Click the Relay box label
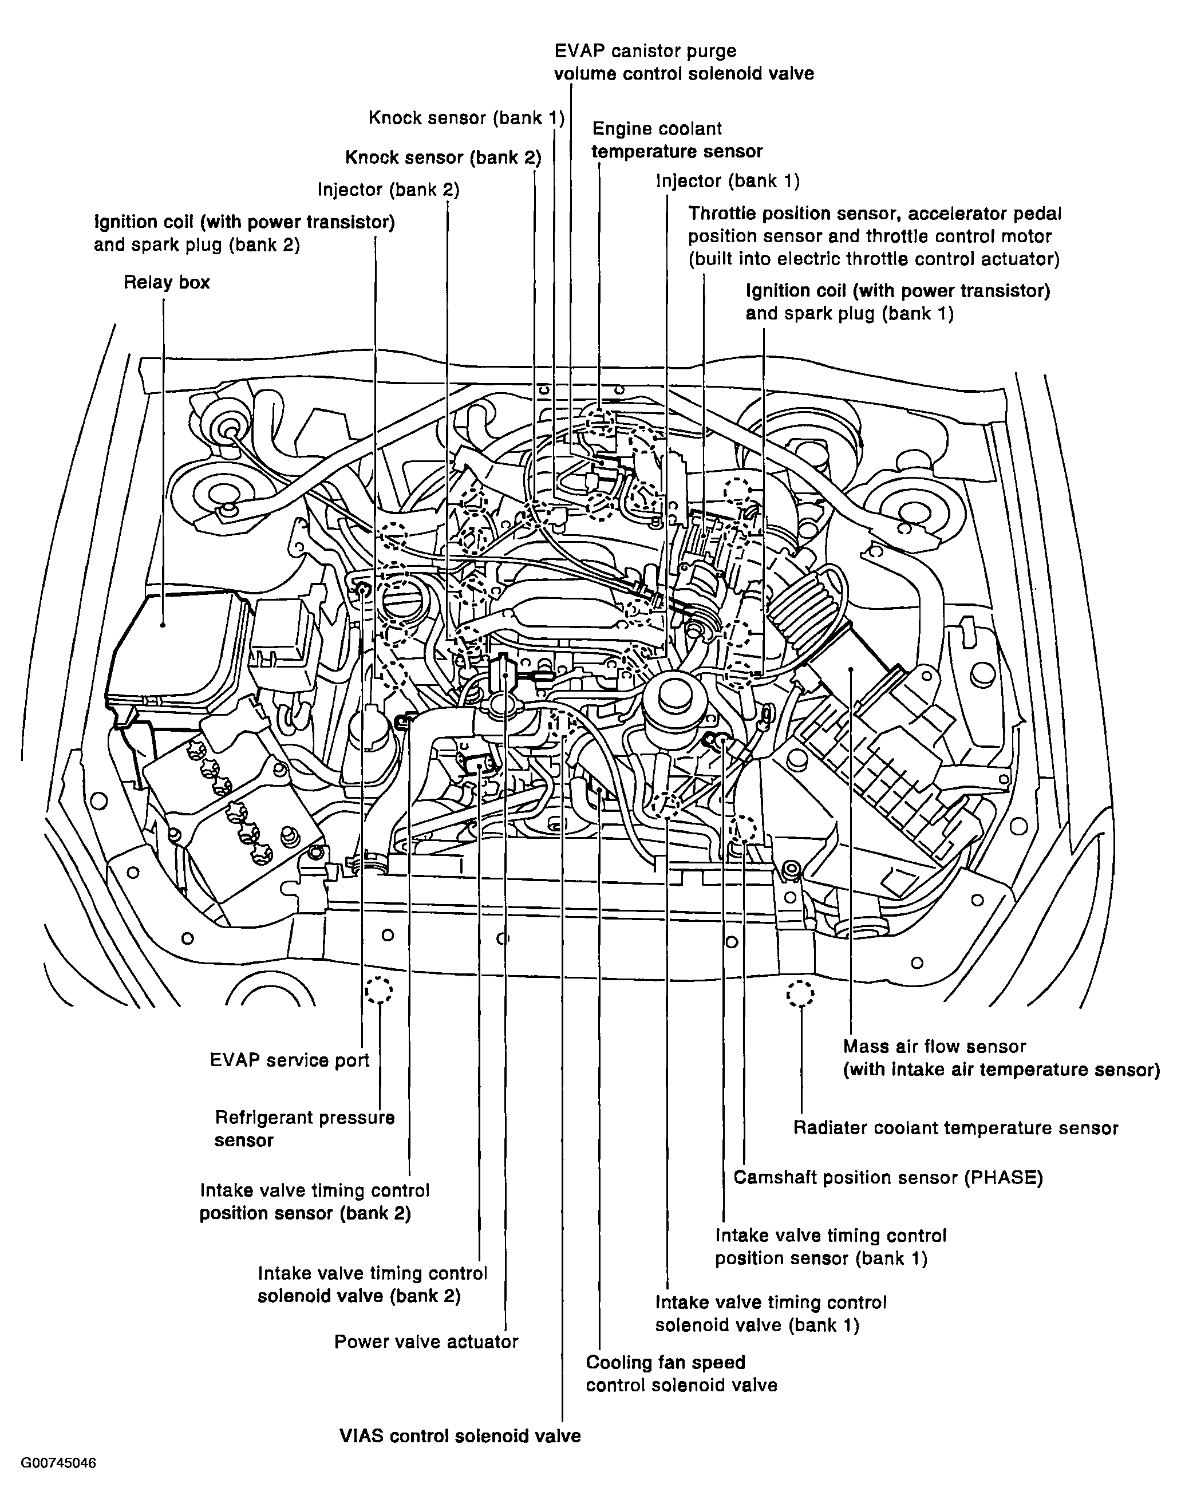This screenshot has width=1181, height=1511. (166, 282)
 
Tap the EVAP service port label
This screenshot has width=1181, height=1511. (289, 1060)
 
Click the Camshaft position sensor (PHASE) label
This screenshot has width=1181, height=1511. (888, 1178)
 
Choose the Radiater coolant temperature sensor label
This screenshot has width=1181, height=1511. (955, 1129)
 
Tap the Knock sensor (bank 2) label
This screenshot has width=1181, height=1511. (443, 158)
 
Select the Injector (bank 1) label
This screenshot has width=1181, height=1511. (727, 182)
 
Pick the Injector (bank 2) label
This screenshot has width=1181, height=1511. (388, 190)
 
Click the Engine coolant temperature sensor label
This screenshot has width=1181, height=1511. (677, 140)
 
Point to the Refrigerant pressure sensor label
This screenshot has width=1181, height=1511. (305, 1129)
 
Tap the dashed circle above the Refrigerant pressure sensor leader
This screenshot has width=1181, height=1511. (378, 991)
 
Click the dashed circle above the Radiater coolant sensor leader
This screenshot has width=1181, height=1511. (800, 994)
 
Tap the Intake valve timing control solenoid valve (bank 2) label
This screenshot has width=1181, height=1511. (372, 1285)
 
